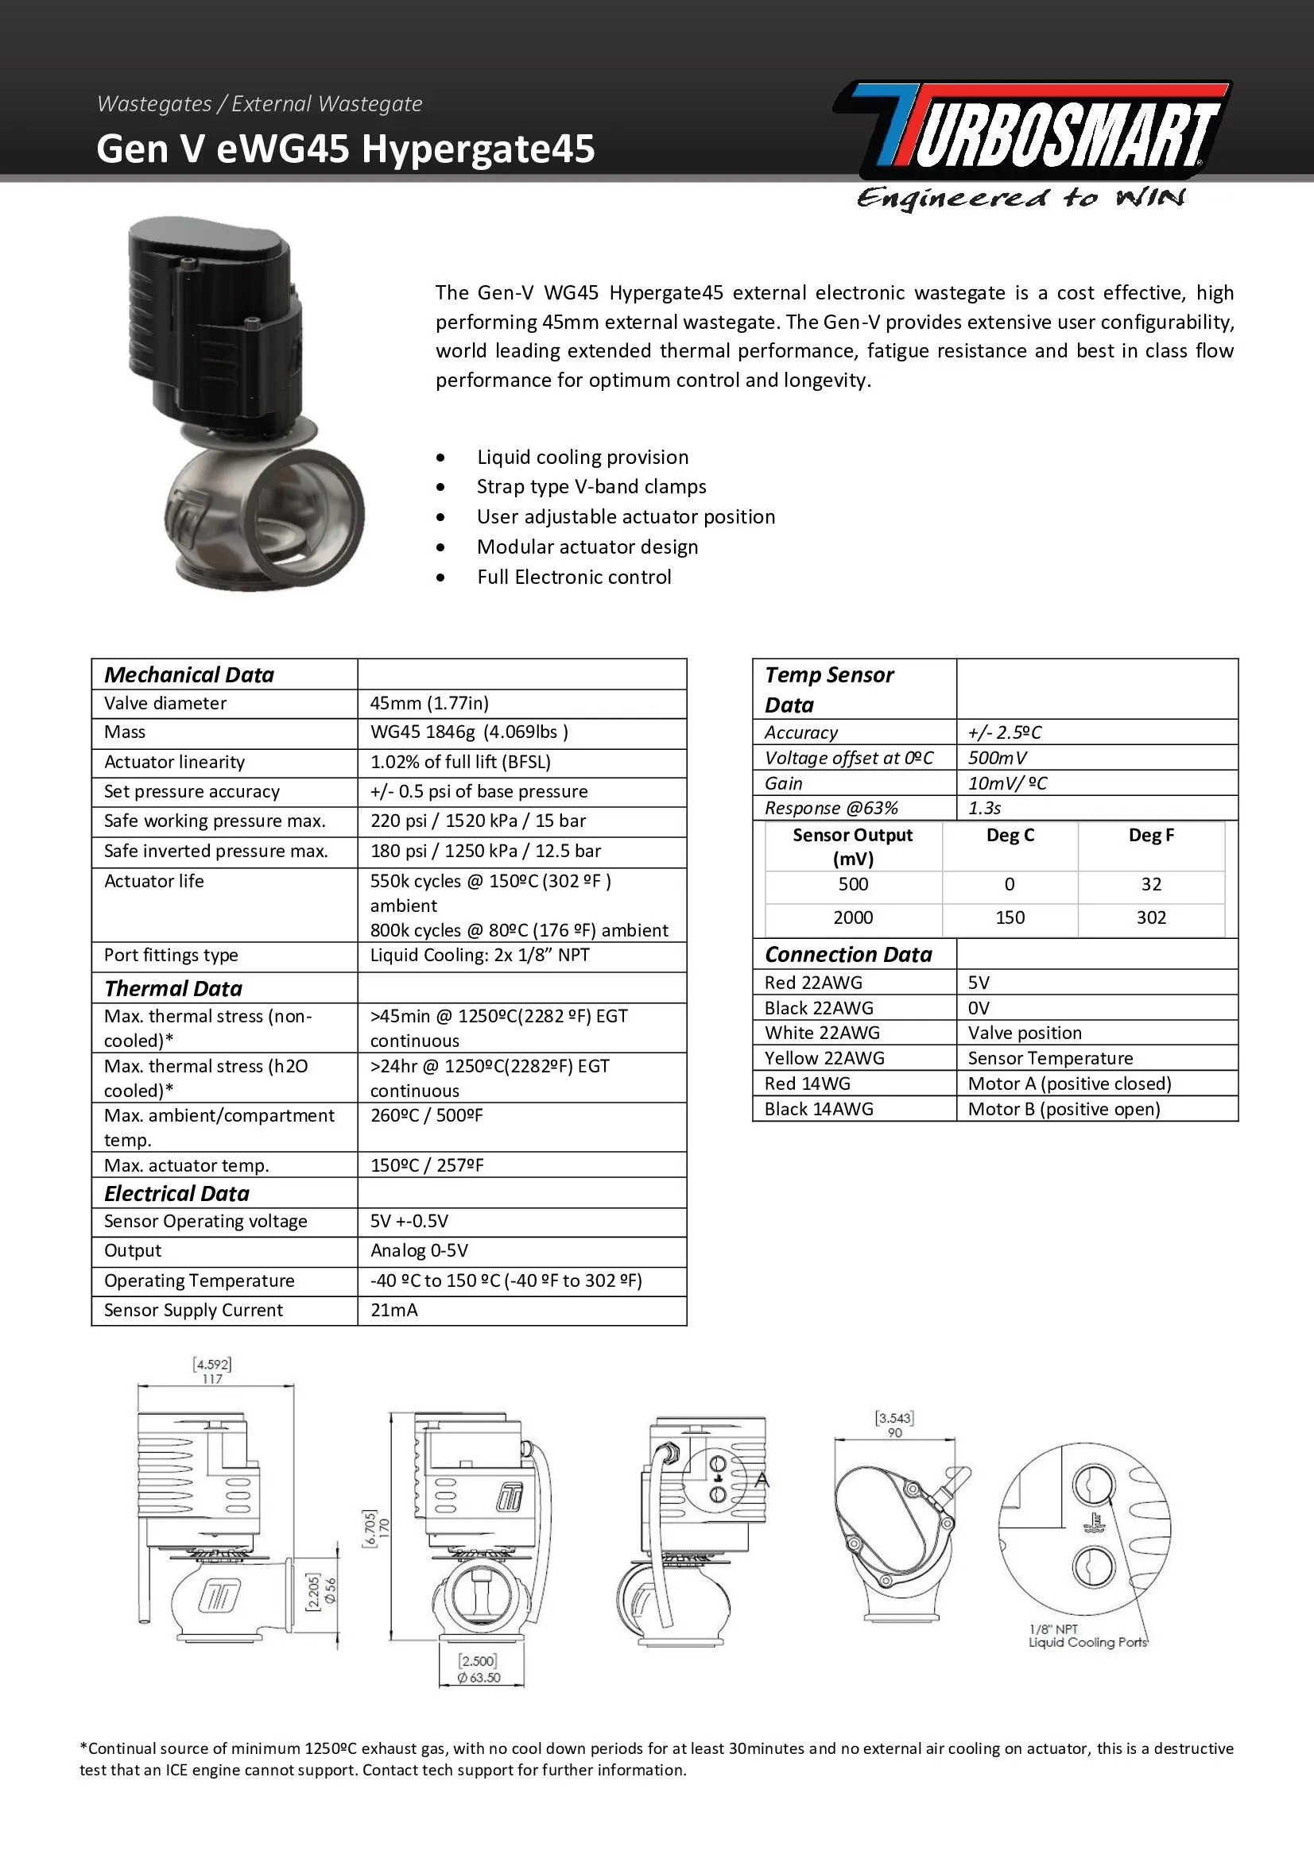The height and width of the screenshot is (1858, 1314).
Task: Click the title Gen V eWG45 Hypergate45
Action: pyautogui.click(x=346, y=149)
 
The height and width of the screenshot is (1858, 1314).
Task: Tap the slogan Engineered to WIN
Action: pyautogui.click(x=1021, y=198)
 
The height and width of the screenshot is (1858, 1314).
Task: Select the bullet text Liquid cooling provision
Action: pyautogui.click(x=582, y=458)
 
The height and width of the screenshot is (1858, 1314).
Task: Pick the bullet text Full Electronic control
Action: pyautogui.click(x=573, y=577)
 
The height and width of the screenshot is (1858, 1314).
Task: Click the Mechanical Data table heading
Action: pyautogui.click(x=188, y=675)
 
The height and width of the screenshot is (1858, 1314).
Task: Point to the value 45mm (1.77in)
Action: pyautogui.click(x=429, y=703)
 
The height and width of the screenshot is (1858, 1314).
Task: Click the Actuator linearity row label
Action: pyautogui.click(x=174, y=763)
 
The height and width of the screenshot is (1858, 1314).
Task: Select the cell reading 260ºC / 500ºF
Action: pyautogui.click(x=426, y=1116)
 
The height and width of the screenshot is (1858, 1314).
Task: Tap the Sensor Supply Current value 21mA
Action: pyautogui.click(x=393, y=1310)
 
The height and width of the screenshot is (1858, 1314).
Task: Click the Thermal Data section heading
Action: pyautogui.click(x=173, y=988)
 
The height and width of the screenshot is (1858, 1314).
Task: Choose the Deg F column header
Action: pyautogui.click(x=1150, y=835)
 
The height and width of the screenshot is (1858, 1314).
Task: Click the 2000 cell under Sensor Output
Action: pyautogui.click(x=852, y=917)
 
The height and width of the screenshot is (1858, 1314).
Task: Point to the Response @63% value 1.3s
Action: pyautogui.click(x=984, y=809)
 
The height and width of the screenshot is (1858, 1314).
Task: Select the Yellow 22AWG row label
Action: pyautogui.click(x=824, y=1058)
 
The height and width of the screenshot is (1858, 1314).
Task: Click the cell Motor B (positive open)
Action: pyautogui.click(x=1063, y=1110)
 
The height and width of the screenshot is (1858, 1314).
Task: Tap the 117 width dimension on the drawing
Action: pyautogui.click(x=212, y=1379)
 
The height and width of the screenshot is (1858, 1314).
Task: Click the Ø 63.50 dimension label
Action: pyautogui.click(x=479, y=1678)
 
